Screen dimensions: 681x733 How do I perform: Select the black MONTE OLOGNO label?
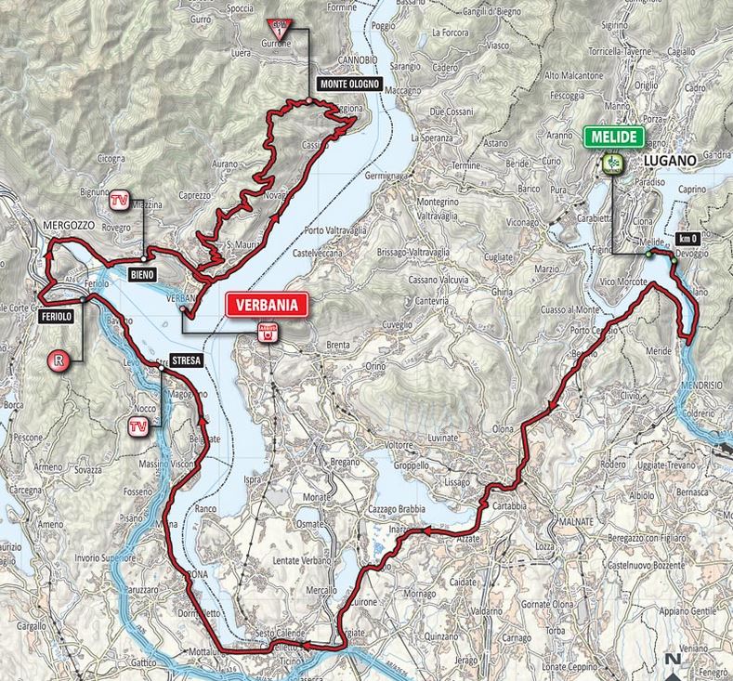coord(347,83)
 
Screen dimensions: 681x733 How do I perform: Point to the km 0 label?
coord(688,237)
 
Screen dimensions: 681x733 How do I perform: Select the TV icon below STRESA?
coord(137,426)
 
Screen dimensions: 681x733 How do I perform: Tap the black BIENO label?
coord(142,273)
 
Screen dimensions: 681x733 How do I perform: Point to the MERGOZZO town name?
coord(66,225)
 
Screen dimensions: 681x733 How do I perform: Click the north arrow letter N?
coord(670,661)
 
